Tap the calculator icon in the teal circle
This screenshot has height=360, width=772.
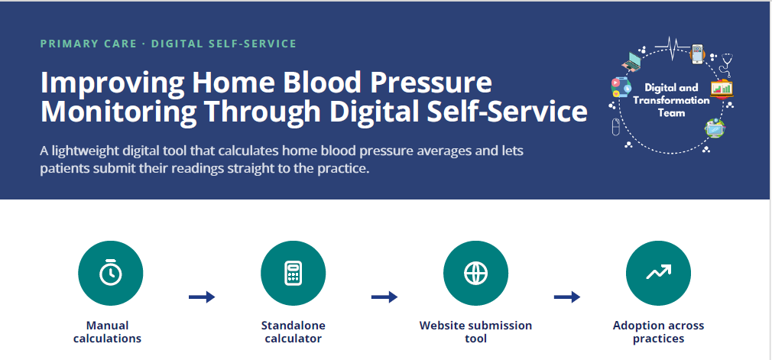[293, 273]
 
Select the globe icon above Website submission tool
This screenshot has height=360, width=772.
[475, 273]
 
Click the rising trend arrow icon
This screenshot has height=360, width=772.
[658, 272]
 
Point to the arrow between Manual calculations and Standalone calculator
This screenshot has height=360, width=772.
[202, 297]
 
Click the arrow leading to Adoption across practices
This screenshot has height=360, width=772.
[567, 297]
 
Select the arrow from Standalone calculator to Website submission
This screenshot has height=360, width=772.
[384, 297]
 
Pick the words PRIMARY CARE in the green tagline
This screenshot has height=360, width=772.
[89, 44]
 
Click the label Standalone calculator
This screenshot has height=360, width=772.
[293, 332]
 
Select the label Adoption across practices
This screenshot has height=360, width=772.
[658, 332]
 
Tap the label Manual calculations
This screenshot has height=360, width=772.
[107, 332]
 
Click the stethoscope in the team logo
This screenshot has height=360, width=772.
[726, 64]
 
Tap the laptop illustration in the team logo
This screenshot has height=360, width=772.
[631, 60]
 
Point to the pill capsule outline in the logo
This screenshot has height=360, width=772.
[615, 127]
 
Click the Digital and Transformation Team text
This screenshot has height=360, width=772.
[671, 100]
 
